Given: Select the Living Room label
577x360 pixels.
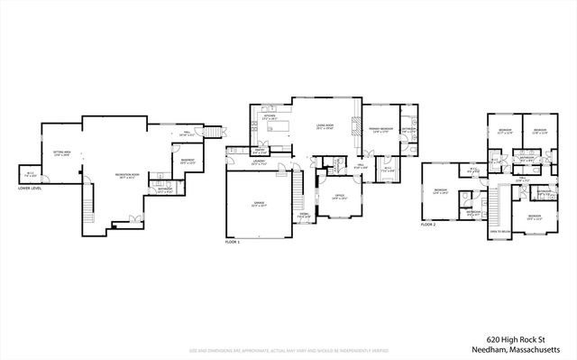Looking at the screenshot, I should pyautogui.click(x=325, y=127).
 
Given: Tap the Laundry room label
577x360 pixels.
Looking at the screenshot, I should pyautogui.click(x=259, y=163).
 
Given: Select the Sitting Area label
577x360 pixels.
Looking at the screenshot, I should pyautogui.click(x=63, y=153).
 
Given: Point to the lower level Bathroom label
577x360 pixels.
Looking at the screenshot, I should pyautogui.click(x=165, y=190).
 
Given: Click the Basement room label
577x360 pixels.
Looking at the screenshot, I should pyautogui.click(x=188, y=162).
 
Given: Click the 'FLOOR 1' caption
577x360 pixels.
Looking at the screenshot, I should pyautogui.click(x=234, y=243).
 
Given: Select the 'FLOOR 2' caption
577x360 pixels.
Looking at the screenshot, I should pyautogui.click(x=429, y=223).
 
